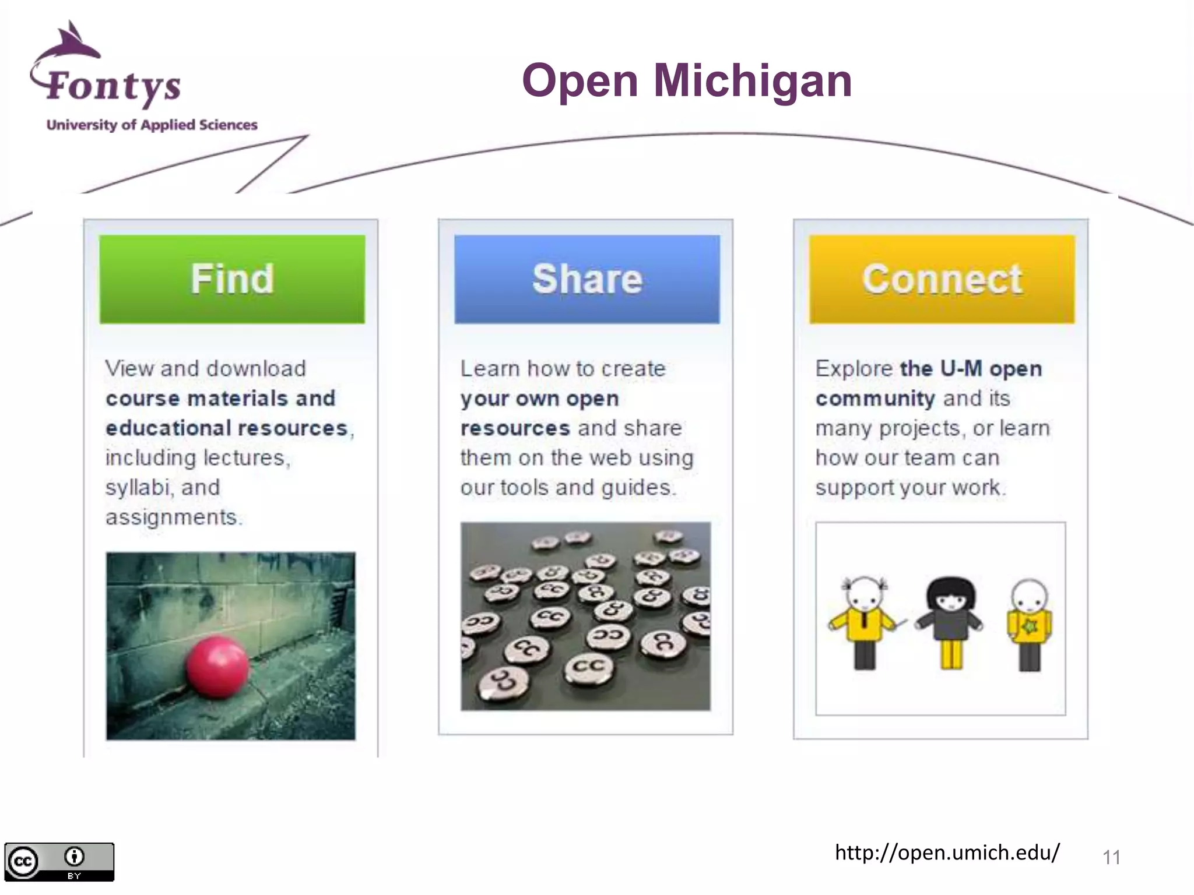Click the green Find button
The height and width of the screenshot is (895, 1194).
pyautogui.click(x=232, y=279)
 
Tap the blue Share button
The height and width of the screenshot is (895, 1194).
pyautogui.click(x=587, y=279)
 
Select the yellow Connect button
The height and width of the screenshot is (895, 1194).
pyautogui.click(x=942, y=279)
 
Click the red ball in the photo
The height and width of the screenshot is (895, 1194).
pyautogui.click(x=217, y=667)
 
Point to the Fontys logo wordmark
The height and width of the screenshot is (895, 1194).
pyautogui.click(x=114, y=86)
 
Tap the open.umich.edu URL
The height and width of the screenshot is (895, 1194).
pyautogui.click(x=947, y=852)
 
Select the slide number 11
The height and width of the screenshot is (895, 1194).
pyautogui.click(x=1111, y=857)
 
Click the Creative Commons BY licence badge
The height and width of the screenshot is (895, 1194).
pyautogui.click(x=59, y=861)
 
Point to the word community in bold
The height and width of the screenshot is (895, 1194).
pyautogui.click(x=875, y=399)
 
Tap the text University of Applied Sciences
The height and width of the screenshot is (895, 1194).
pyautogui.click(x=152, y=125)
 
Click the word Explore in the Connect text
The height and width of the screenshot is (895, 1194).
pyautogui.click(x=854, y=369)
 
